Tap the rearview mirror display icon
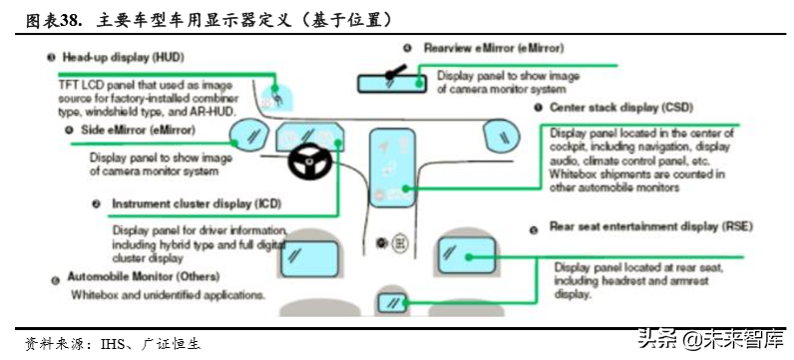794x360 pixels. (x=397, y=76)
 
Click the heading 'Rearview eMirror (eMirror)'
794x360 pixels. (x=480, y=47)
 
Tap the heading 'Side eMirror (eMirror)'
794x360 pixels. (x=130, y=129)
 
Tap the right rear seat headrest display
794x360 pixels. (x=465, y=256)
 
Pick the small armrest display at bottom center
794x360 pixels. (x=391, y=302)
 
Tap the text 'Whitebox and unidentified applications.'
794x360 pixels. (x=167, y=295)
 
